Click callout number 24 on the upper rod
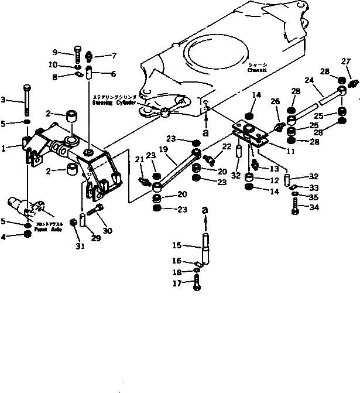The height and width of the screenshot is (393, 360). click(308, 81)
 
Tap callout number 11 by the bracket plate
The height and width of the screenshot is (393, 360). click(274, 150)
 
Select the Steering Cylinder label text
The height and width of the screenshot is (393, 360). click(113, 101)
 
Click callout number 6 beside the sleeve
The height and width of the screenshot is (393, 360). click(113, 74)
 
